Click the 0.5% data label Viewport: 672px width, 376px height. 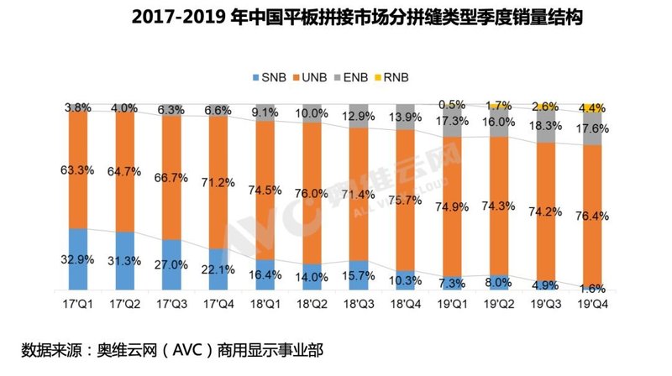pyautogui.click(x=453, y=105)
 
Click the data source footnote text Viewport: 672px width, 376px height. pyautogui.click(x=172, y=348)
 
